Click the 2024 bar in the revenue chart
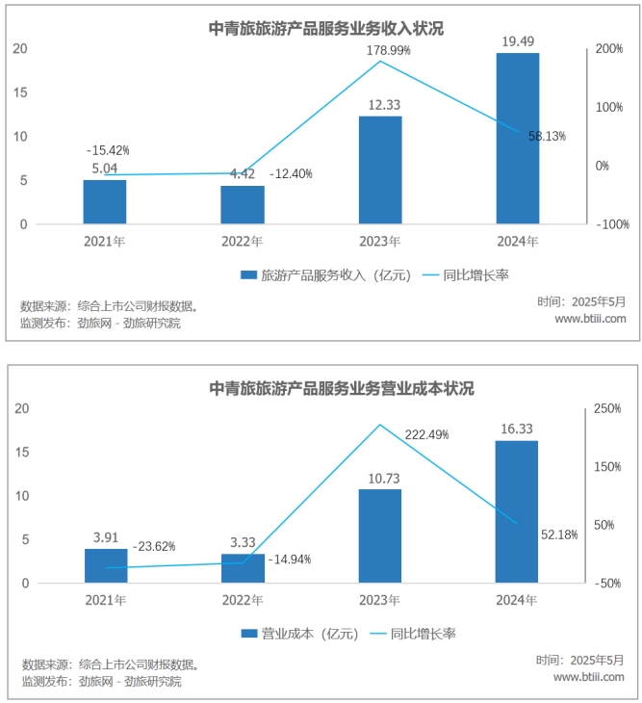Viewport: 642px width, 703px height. (517, 138)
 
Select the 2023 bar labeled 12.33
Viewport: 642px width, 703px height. (379, 169)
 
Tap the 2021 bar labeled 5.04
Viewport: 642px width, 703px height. (105, 201)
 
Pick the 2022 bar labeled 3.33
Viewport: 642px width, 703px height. (243, 568)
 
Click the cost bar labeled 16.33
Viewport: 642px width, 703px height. (516, 511)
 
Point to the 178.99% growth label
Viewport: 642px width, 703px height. (388, 49)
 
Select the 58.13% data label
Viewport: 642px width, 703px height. (547, 137)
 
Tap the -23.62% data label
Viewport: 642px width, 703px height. (153, 546)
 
